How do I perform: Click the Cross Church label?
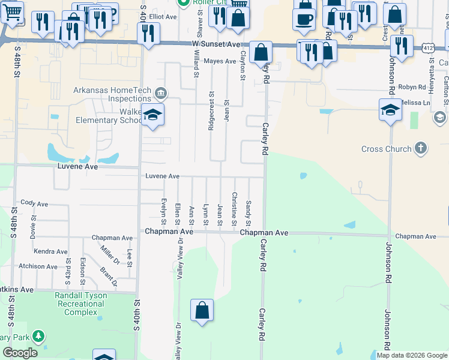coord(386,149)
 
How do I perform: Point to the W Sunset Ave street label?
coord(217,44)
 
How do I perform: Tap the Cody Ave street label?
coord(34,204)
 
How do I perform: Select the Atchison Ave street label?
coord(38,266)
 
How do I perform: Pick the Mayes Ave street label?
coord(220,61)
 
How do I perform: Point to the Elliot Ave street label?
coord(163,17)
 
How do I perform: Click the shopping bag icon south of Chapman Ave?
coord(202,311)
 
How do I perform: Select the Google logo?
coord(20,353)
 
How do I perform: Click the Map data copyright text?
coord(412,355)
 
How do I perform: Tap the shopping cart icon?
coord(12,11)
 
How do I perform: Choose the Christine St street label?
coord(234,209)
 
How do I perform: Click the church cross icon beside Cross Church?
coord(421,148)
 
